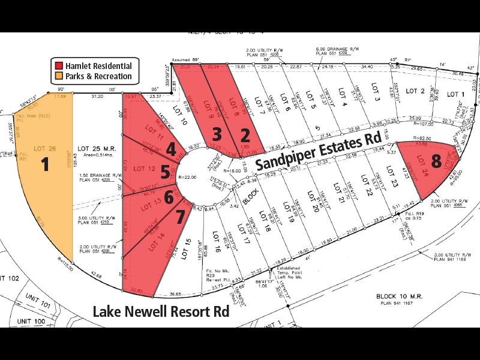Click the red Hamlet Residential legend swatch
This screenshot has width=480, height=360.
click(x=59, y=66)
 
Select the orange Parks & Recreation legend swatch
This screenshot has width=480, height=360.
click(x=59, y=76)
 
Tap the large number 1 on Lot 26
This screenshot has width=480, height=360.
click(x=44, y=165)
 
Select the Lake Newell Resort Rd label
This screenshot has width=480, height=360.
click(x=161, y=312)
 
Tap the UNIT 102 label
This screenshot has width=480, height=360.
click(x=10, y=278)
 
